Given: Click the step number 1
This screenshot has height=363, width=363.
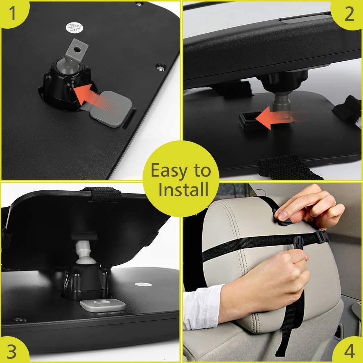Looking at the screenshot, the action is click(12, 13).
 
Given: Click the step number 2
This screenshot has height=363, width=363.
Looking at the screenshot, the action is click(349, 14).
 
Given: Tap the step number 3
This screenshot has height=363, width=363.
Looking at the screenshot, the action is click(12, 351).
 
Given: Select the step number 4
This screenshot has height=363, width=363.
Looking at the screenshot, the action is click(350, 351).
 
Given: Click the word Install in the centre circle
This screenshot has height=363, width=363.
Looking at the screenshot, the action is click(183, 189).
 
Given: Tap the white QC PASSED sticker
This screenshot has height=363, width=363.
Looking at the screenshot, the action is click(75, 28).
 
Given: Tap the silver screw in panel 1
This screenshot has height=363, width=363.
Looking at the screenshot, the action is click(161, 68).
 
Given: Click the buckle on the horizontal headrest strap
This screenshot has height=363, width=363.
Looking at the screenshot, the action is click(322, 236).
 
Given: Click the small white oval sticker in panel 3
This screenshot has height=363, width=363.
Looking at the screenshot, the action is click(143, 285).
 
